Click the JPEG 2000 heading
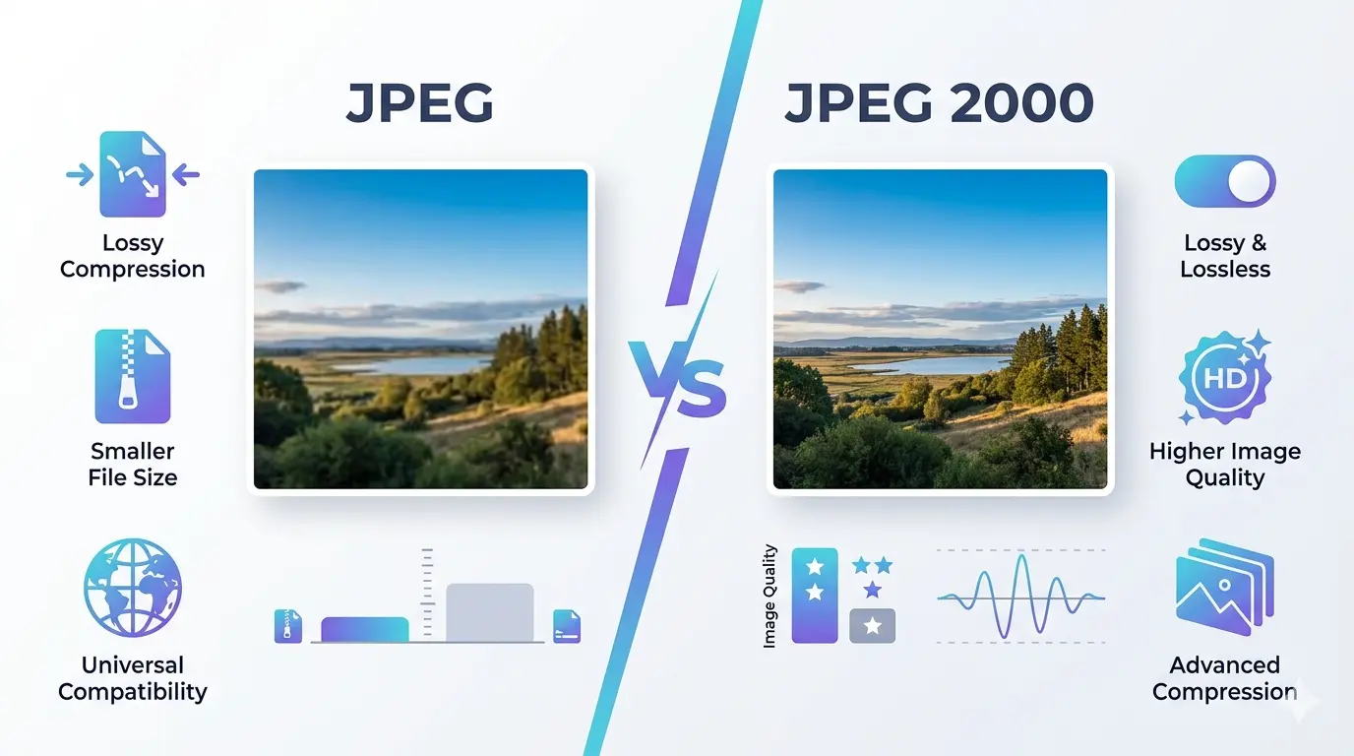[x=939, y=103]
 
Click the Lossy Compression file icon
[x=133, y=174]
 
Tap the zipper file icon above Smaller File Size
[x=133, y=377]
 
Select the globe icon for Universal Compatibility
[x=133, y=587]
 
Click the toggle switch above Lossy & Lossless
[x=1225, y=181]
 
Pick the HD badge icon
[x=1224, y=378]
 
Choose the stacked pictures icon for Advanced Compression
[x=1224, y=587]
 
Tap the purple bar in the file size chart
[x=365, y=629]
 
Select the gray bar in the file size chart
[x=490, y=612]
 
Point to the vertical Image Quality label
[x=769, y=597]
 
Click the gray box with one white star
[x=872, y=625]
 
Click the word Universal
[x=133, y=664]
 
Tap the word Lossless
[x=1225, y=269]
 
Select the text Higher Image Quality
[x=1225, y=465]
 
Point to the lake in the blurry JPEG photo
[x=413, y=364]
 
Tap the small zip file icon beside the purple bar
[x=288, y=625]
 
